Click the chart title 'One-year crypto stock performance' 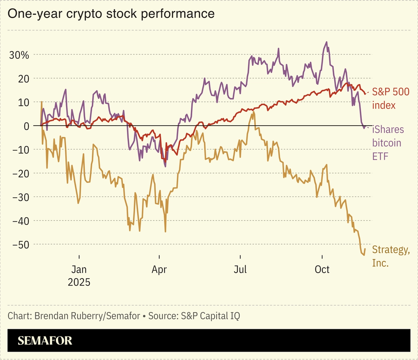click(x=111, y=14)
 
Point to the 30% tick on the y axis click(x=19, y=55)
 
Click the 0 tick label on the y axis click(x=26, y=126)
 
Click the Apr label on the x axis click(x=159, y=270)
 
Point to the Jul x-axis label click(x=240, y=270)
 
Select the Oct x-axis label click(x=322, y=270)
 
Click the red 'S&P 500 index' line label click(x=390, y=98)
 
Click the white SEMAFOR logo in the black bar click(x=45, y=341)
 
